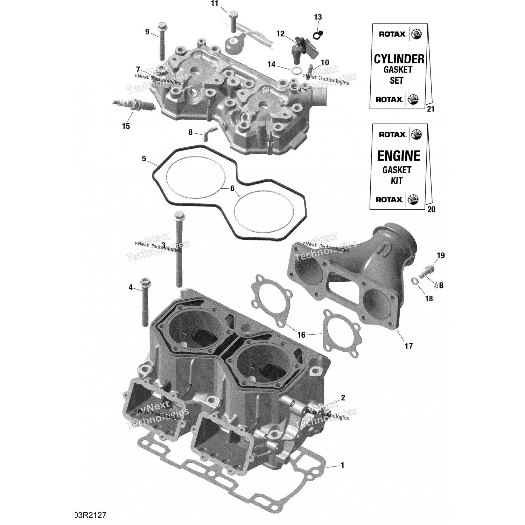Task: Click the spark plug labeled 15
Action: [133, 105]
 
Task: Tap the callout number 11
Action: [215, 3]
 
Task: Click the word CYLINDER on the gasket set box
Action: [399, 59]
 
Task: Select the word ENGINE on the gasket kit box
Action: [398, 156]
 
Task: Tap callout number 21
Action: [431, 109]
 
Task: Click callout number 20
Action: [431, 209]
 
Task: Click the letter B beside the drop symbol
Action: [441, 286]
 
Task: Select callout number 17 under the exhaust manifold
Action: [409, 346]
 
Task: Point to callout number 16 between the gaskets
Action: [301, 335]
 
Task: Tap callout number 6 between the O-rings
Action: [232, 189]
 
